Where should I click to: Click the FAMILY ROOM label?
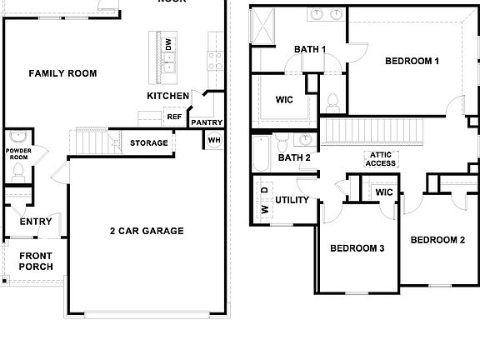(62, 73)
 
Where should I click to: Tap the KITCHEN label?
(167, 96)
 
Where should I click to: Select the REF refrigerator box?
(174, 117)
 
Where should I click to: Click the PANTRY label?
(206, 123)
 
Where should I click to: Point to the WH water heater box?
(214, 139)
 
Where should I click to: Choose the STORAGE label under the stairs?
(148, 143)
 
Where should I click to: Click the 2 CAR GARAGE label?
(146, 231)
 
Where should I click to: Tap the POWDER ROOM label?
(17, 154)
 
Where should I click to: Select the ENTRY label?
(36, 222)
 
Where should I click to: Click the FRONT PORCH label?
(36, 261)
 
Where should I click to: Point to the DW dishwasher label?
(168, 44)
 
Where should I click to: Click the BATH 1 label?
(309, 49)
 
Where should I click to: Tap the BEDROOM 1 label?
(412, 61)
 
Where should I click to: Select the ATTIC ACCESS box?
(381, 158)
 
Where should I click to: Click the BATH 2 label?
(294, 157)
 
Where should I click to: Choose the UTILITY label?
(292, 200)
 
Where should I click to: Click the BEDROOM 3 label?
(357, 248)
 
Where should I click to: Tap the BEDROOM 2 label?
(437, 240)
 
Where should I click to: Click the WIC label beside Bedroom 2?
(384, 192)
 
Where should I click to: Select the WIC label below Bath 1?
(284, 99)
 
